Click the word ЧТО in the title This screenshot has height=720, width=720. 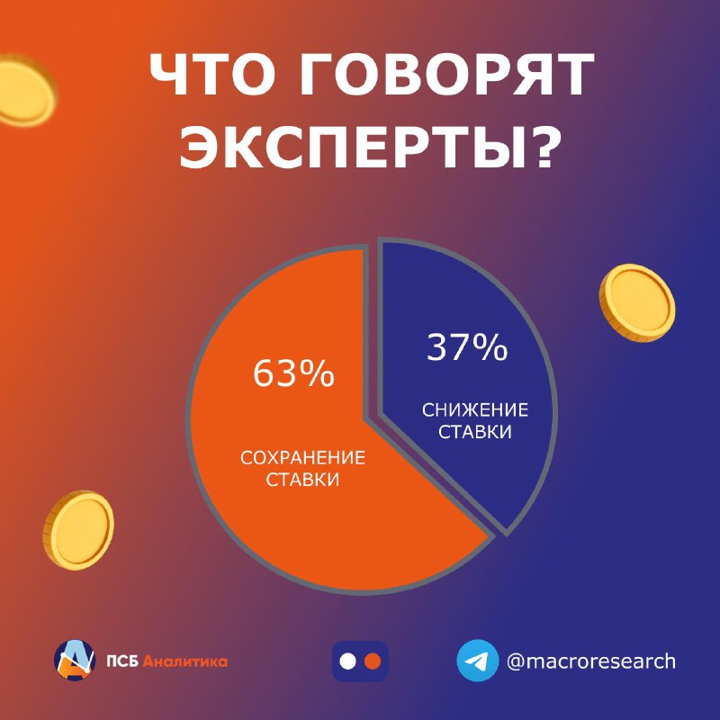(x=211, y=75)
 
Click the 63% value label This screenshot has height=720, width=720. (x=293, y=373)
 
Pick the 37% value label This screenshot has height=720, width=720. (x=467, y=347)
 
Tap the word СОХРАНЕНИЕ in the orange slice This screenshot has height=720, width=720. (x=302, y=458)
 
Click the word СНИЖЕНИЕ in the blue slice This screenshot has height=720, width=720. (x=475, y=410)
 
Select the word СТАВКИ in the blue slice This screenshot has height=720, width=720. (x=475, y=432)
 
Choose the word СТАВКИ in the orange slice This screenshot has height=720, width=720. (x=302, y=480)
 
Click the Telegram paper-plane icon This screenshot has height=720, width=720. (x=478, y=661)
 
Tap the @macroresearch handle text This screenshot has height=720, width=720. (x=591, y=661)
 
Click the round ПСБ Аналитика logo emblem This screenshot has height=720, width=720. (x=75, y=661)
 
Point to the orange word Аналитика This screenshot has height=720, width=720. (x=185, y=661)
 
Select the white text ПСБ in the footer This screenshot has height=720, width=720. (x=122, y=661)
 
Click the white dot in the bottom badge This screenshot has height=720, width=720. (x=347, y=661)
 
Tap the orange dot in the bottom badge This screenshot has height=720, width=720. (x=373, y=661)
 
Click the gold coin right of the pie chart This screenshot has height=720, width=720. (x=637, y=302)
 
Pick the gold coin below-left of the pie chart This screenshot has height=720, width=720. (x=78, y=529)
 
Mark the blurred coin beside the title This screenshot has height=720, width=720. (x=25, y=91)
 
